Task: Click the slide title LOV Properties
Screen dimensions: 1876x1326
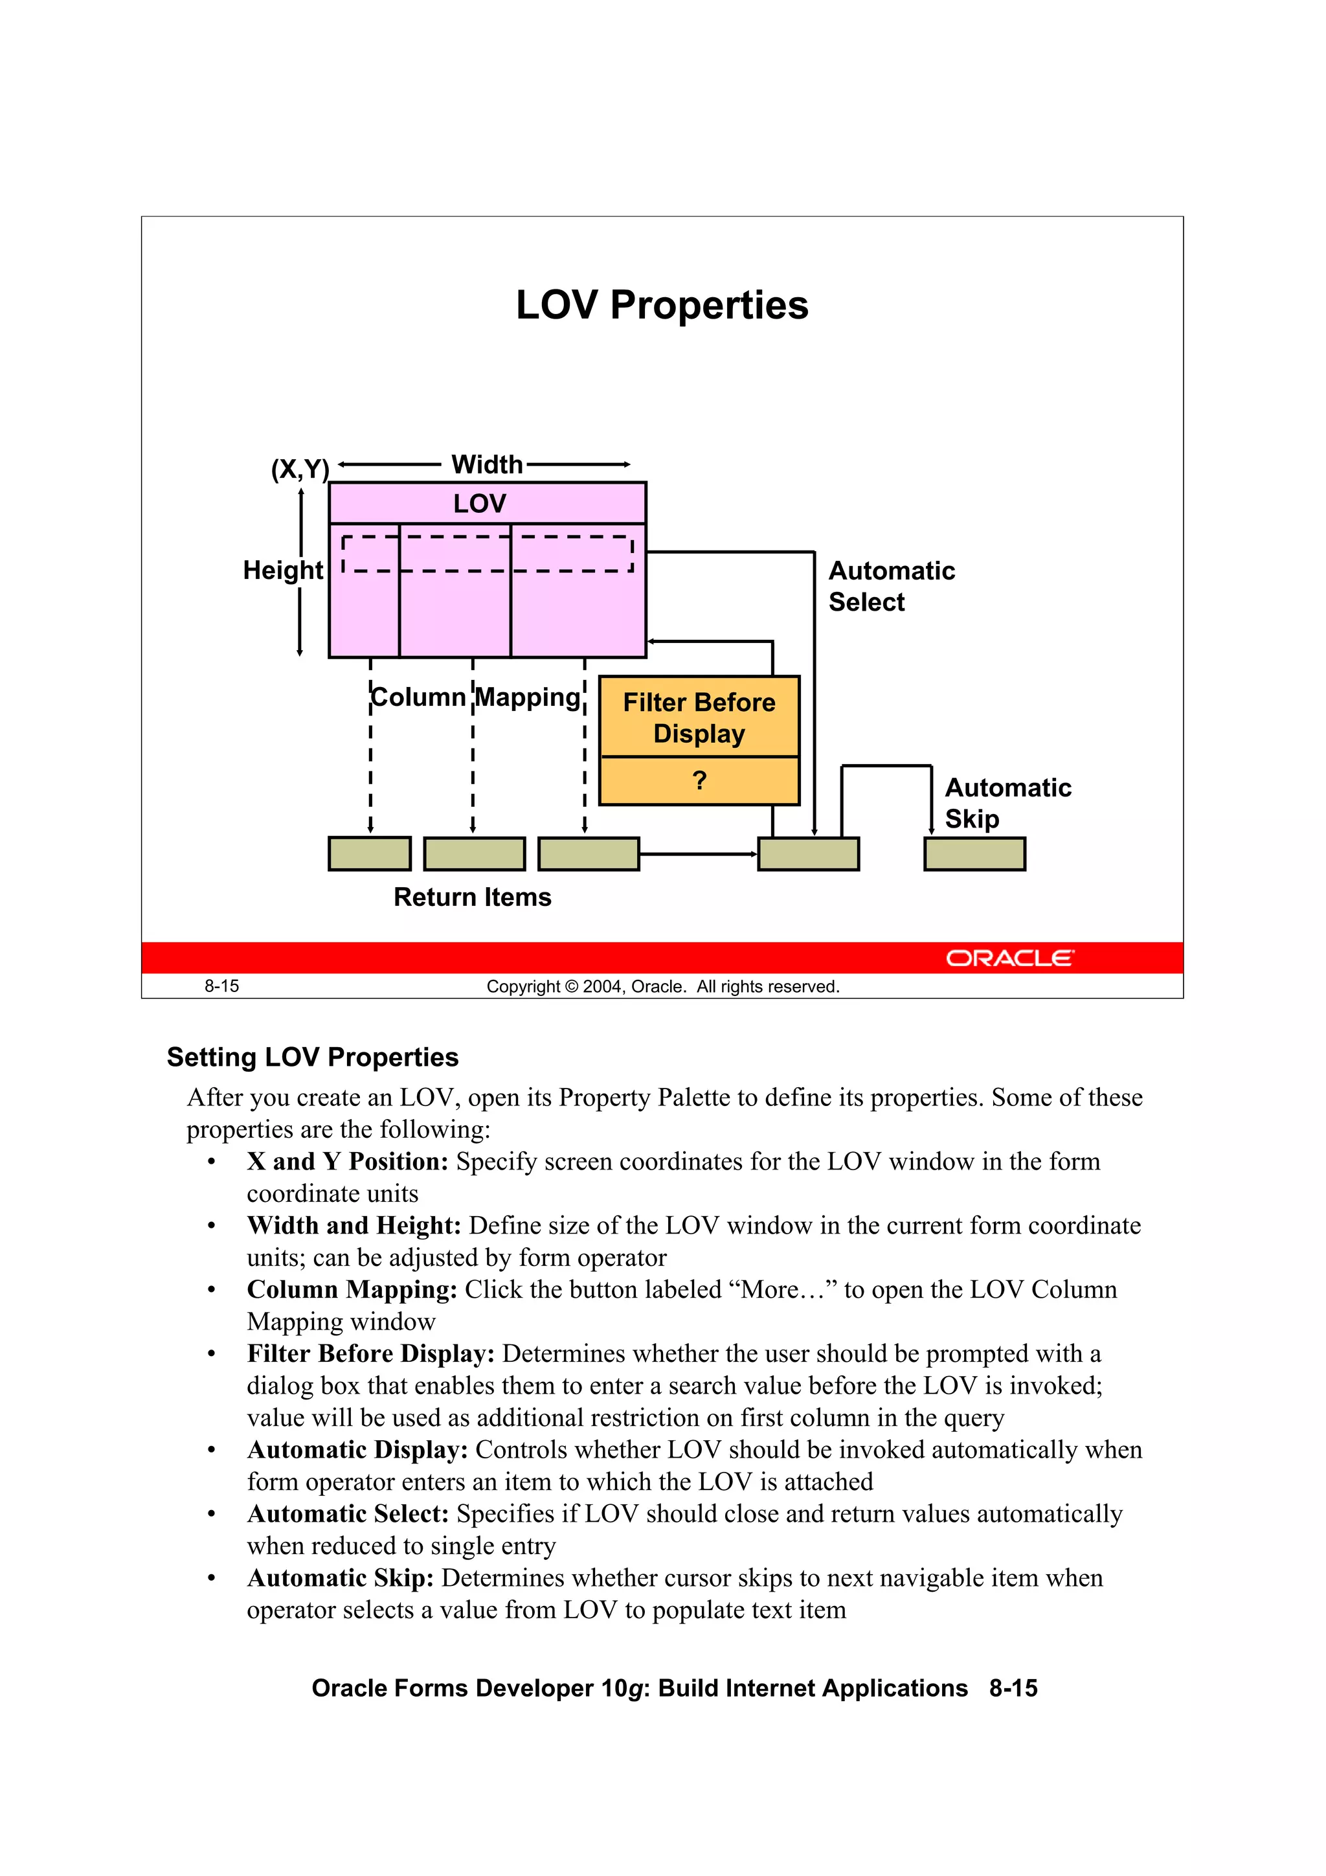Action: coord(662,306)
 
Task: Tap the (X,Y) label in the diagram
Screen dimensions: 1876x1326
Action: coord(300,469)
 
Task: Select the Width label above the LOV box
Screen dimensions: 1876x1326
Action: coord(487,465)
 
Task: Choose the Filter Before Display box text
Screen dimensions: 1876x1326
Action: coord(699,718)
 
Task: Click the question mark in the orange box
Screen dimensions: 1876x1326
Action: coord(699,780)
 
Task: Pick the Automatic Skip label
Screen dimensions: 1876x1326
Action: coord(1007,802)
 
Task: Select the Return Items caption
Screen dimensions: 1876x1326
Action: coord(472,897)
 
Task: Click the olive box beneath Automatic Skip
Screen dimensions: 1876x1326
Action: coord(974,854)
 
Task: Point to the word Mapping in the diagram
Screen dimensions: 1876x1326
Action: coord(528,697)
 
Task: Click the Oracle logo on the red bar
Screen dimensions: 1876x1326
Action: coord(1010,958)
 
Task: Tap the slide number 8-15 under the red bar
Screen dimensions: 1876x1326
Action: coord(221,986)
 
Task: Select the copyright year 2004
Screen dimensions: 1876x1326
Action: coord(603,987)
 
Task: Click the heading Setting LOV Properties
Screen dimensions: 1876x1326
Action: coord(312,1057)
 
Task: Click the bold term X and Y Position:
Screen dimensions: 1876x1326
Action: coord(347,1161)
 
